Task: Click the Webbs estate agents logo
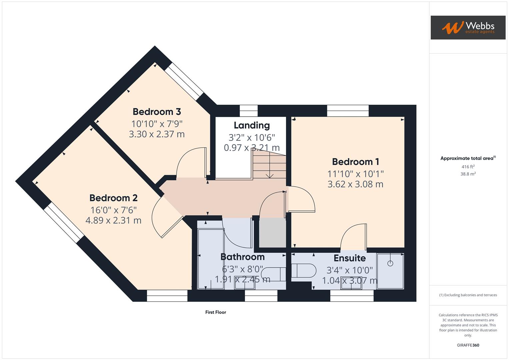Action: [468, 27]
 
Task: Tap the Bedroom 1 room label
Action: [355, 162]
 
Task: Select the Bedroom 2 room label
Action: [113, 198]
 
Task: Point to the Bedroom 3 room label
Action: [157, 112]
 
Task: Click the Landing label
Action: [252, 125]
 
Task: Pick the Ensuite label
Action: [350, 258]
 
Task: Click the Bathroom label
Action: [243, 257]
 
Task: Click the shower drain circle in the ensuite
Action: [390, 263]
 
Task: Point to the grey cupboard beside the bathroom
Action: [272, 233]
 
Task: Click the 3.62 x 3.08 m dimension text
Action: [355, 184]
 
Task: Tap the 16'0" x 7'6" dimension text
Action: [113, 210]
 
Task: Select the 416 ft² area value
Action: [468, 167]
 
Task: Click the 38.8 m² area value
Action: [468, 174]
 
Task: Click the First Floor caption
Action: [216, 312]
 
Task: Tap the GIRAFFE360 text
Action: [468, 345]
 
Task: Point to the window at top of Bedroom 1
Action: [348, 111]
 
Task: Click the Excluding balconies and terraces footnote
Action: [468, 295]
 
